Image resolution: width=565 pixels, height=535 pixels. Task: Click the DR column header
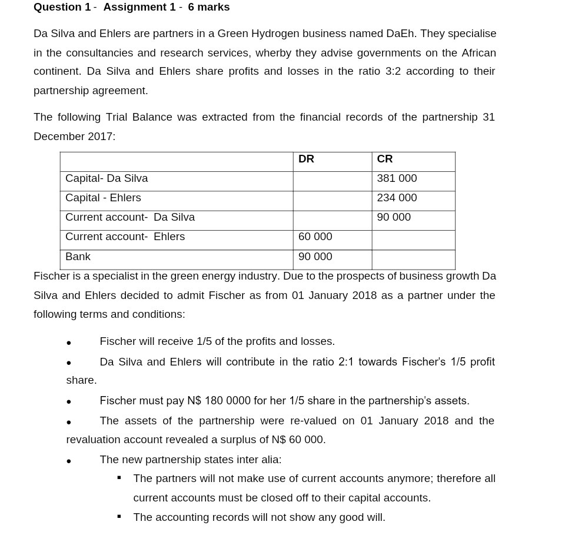(x=306, y=159)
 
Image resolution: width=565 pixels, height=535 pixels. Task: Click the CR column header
(x=385, y=159)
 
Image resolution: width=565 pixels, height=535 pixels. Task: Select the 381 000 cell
(x=397, y=178)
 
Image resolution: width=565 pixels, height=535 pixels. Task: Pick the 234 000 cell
(x=397, y=198)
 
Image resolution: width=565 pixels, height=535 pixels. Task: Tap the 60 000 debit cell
(x=315, y=237)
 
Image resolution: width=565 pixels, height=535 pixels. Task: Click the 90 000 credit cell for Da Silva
(x=394, y=217)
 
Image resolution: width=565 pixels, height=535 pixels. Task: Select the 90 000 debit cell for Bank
(x=315, y=257)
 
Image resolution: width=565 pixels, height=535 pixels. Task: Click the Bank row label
(x=78, y=257)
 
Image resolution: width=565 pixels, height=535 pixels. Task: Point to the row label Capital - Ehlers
(x=103, y=198)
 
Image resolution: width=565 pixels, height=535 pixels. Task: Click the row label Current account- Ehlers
(x=125, y=237)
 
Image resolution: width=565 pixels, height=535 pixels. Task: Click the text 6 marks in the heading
(x=209, y=7)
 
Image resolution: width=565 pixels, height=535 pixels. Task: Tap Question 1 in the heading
(x=62, y=7)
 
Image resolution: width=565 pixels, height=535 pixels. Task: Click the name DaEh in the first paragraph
(x=400, y=34)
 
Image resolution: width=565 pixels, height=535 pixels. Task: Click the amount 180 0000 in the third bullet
(x=228, y=401)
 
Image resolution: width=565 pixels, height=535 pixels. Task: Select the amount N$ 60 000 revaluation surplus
(x=298, y=440)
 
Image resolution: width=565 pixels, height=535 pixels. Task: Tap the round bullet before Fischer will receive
(x=69, y=343)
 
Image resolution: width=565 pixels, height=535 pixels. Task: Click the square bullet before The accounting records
(x=119, y=517)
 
